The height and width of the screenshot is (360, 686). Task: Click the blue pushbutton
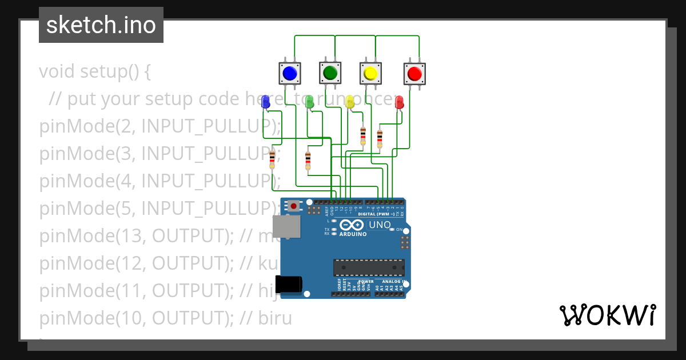click(290, 73)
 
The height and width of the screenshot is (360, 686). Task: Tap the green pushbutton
click(330, 73)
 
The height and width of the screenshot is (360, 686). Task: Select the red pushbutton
click(414, 73)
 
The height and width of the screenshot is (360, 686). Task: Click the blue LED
click(265, 102)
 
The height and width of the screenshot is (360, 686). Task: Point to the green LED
click(309, 102)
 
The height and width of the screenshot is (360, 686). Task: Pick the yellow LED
click(350, 102)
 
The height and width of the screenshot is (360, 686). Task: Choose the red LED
click(399, 102)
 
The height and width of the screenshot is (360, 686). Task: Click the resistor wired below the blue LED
click(272, 159)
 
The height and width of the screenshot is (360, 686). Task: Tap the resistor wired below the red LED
click(380, 138)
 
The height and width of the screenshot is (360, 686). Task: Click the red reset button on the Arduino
click(294, 206)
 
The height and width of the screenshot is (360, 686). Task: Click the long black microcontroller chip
click(369, 267)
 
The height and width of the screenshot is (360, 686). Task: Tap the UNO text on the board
click(380, 225)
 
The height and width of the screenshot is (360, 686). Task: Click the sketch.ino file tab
click(101, 25)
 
